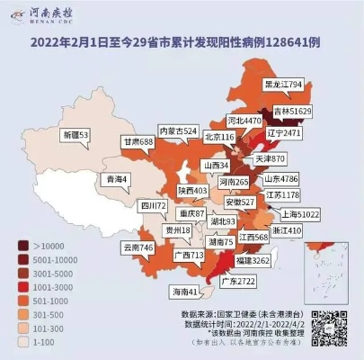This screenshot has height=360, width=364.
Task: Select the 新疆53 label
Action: (75, 135)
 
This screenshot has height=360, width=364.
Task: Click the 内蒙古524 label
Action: (177, 130)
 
